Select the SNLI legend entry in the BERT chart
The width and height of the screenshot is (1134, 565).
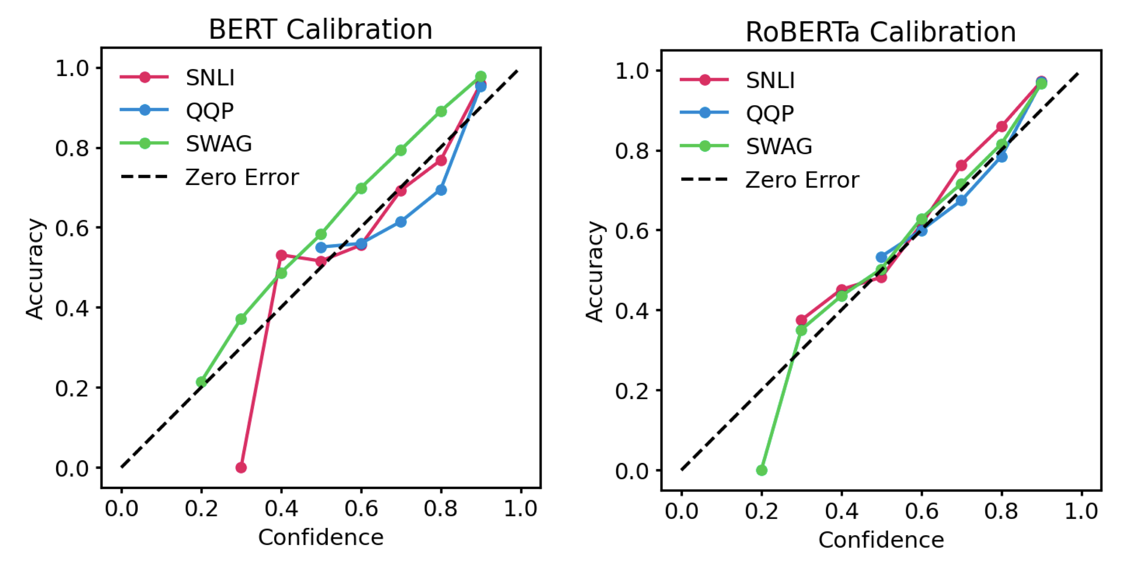[x=210, y=78]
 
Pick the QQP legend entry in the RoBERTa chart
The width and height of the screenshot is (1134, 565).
[x=770, y=113]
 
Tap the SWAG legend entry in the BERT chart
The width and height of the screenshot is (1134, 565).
[x=219, y=143]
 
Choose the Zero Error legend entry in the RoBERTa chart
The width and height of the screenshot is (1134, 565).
[x=802, y=180]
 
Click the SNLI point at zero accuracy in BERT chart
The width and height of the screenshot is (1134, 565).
[x=241, y=467]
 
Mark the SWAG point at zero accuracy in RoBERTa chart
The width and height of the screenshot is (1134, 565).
[x=762, y=470]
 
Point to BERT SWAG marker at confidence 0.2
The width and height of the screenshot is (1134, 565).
[x=201, y=382]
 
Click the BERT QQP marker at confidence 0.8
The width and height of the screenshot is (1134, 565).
[x=441, y=190]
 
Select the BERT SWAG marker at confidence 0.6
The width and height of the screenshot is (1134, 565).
[x=361, y=188]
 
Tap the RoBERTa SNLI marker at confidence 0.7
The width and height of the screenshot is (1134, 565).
[x=962, y=166]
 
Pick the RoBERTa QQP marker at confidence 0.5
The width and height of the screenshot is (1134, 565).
[x=882, y=257]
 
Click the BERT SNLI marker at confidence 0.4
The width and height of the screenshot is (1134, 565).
[x=281, y=255]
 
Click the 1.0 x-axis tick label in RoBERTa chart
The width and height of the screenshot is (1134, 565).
[x=1081, y=511]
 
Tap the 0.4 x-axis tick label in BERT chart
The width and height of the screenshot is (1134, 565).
[x=281, y=509]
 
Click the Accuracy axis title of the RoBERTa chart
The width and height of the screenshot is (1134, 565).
[x=595, y=271]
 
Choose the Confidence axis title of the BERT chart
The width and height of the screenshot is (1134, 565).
[x=321, y=537]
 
